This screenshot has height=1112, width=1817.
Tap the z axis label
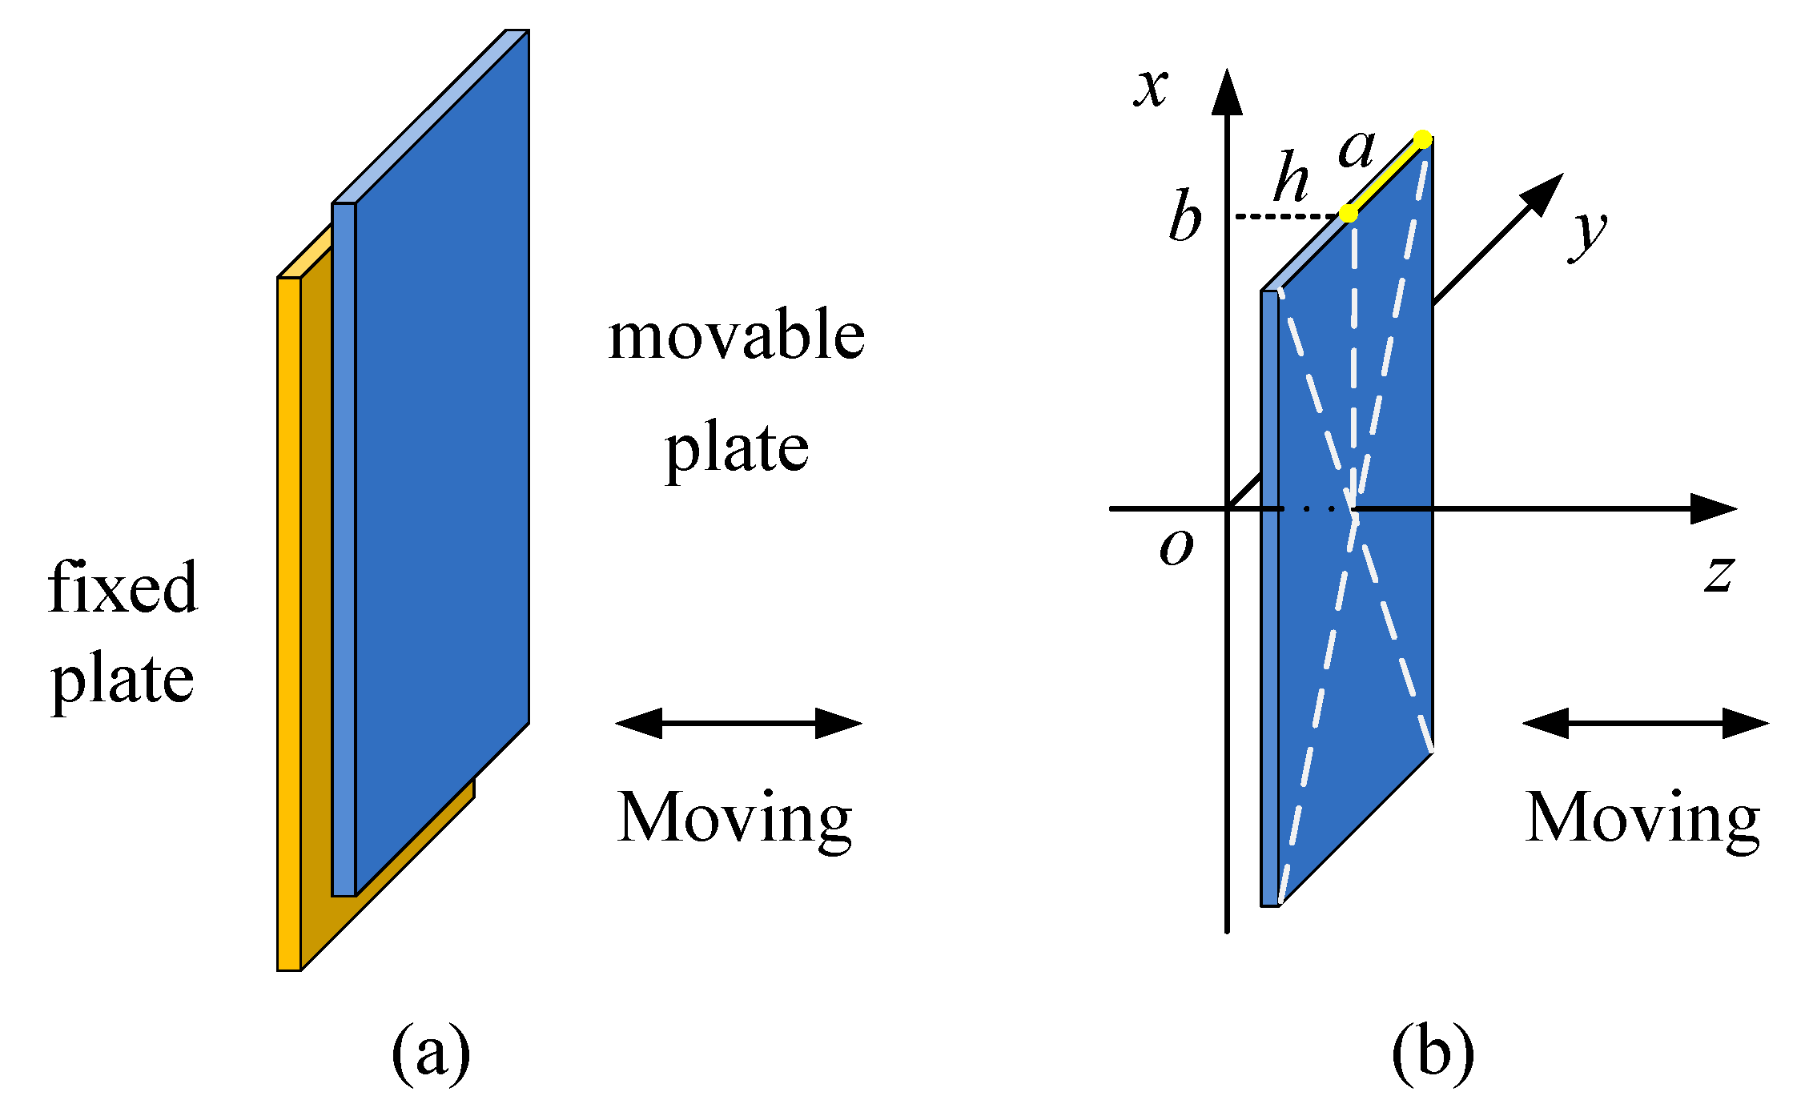pos(1719,573)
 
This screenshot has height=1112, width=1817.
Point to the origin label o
pos(1176,548)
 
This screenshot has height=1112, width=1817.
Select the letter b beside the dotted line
pos(1185,217)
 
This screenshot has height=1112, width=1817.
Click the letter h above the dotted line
pos(1291,177)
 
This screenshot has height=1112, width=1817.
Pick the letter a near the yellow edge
pos(1357,150)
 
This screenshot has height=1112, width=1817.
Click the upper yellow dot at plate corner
pos(1422,139)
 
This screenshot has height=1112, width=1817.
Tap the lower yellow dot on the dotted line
pos(1349,214)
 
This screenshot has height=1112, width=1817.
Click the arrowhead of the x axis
pos(1227,92)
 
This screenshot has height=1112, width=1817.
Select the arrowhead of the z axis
pos(1714,508)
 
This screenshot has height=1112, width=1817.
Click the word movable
pos(736,336)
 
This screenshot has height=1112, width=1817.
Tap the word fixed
pos(123,588)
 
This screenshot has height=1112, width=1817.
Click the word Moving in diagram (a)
pos(734,817)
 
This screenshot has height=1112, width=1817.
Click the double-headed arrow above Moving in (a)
pos(738,723)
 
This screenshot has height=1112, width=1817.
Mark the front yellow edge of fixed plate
pos(289,624)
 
